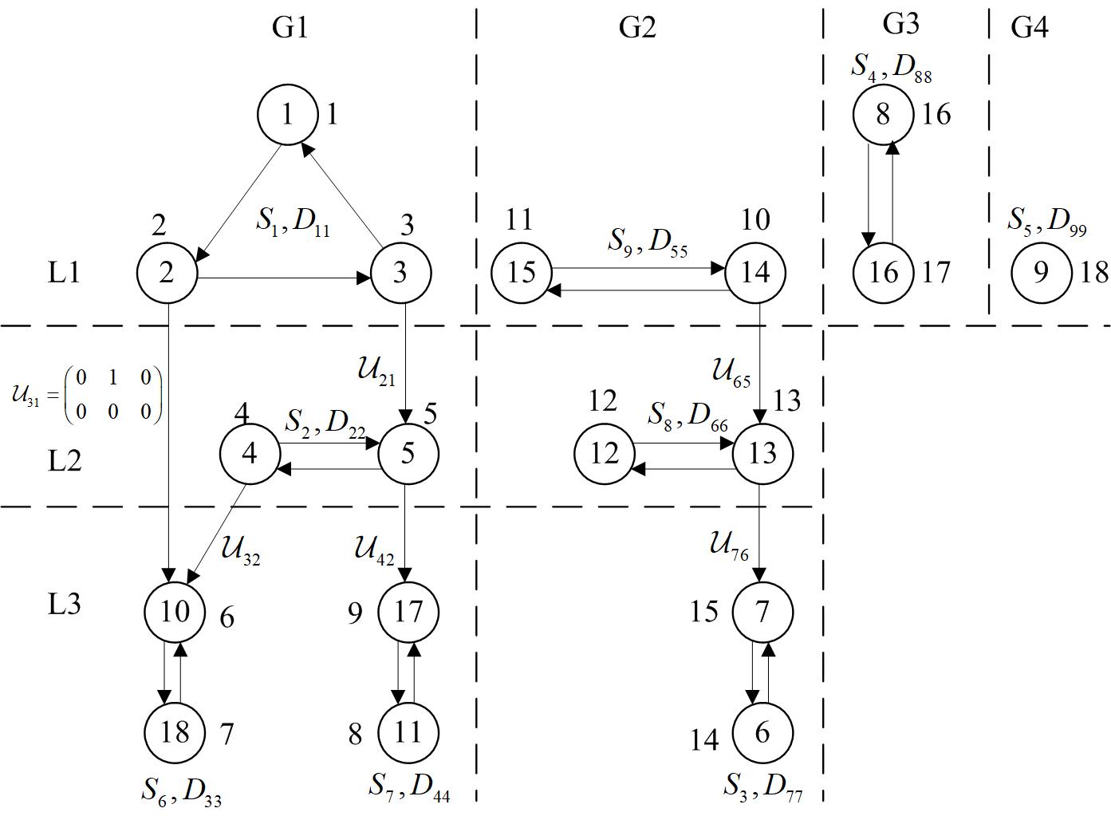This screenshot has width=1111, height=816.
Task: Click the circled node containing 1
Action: (287, 114)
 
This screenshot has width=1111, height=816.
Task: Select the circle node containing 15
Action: (521, 273)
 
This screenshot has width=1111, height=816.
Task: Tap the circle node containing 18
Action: (175, 731)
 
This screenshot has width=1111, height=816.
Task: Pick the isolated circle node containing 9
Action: (1041, 273)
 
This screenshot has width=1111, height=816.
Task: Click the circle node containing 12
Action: (604, 453)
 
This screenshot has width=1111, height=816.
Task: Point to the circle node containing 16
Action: (883, 273)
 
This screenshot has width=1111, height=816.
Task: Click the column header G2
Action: (637, 27)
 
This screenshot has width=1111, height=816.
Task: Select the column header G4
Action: (1029, 27)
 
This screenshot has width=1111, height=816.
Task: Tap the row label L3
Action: (65, 604)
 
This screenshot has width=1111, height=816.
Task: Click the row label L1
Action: (65, 273)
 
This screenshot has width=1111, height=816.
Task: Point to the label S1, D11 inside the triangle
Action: (292, 222)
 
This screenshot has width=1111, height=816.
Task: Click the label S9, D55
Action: (647, 241)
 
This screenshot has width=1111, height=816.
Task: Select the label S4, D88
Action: (890, 68)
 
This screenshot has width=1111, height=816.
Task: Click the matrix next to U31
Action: (112, 394)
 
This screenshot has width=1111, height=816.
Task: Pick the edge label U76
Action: (729, 546)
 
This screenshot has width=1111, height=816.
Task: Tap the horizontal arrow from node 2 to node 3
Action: (283, 278)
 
